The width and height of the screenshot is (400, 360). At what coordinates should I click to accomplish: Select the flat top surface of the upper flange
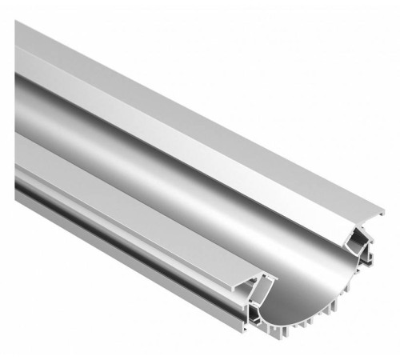200,120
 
